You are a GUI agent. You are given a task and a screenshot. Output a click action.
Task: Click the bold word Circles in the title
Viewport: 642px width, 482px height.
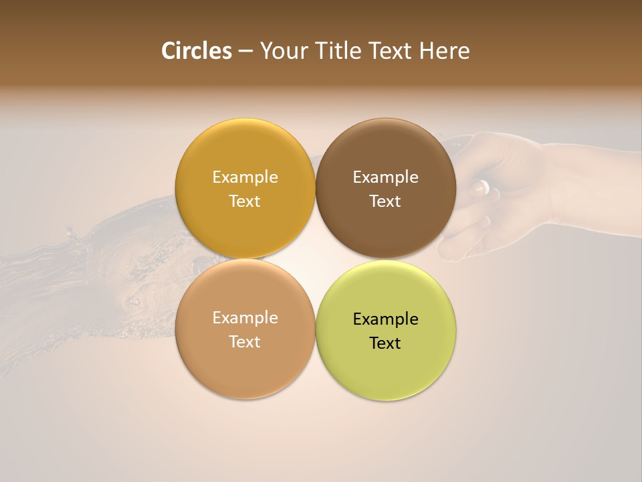tap(196, 51)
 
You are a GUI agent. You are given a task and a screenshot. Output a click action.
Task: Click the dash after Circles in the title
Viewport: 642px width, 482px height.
tap(245, 52)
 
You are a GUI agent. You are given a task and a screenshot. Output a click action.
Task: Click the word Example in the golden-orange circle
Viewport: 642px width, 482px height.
tap(245, 177)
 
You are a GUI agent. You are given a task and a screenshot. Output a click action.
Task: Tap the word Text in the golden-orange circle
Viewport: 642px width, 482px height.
tap(245, 201)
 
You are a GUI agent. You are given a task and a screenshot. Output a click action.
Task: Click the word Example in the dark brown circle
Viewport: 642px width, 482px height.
tap(385, 177)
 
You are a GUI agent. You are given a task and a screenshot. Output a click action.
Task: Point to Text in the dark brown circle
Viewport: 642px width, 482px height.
tap(385, 201)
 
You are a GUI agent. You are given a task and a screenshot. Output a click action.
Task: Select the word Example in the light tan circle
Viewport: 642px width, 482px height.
tap(245, 318)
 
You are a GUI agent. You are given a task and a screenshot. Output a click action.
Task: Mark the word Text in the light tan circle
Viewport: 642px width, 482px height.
tap(245, 341)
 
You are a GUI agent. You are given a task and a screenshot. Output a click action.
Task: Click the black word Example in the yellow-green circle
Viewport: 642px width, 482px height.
tap(385, 319)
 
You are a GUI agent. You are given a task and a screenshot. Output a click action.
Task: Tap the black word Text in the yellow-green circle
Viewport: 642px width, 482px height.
tap(385, 343)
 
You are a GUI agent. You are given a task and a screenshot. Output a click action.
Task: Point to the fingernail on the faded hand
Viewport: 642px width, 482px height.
tap(481, 187)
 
